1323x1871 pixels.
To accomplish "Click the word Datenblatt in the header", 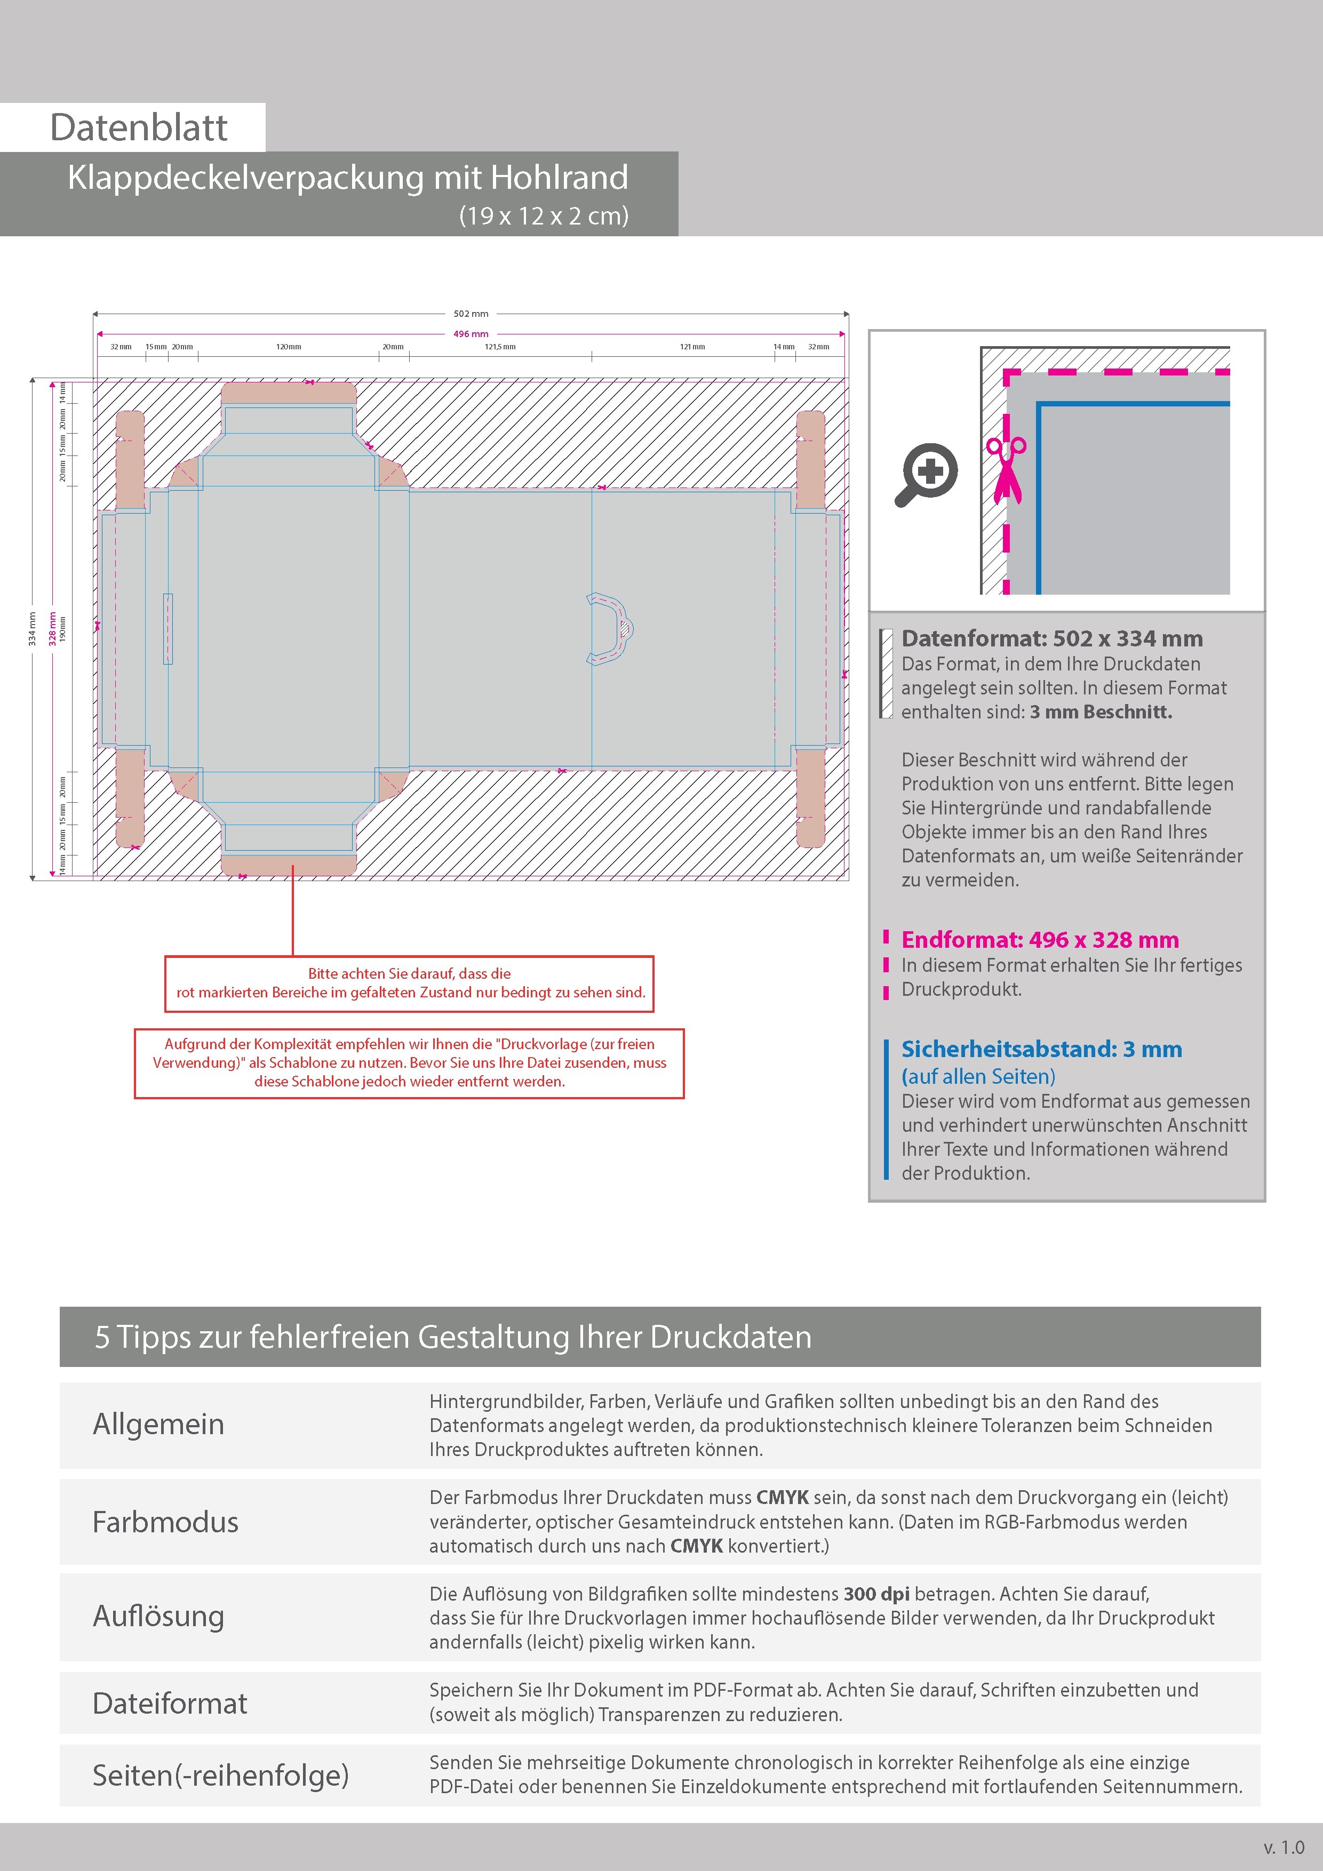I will coord(139,128).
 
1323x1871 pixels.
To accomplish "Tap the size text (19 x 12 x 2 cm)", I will coord(544,216).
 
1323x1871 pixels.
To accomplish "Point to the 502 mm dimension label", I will coord(471,314).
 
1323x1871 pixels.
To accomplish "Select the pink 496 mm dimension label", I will coord(471,334).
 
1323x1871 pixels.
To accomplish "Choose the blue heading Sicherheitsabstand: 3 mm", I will coord(1041,1050).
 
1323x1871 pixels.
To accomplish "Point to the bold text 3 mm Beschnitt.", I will coord(1101,712).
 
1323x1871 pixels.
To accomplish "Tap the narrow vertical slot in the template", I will coord(169,628).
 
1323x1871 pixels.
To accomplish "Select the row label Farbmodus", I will coord(165,1522).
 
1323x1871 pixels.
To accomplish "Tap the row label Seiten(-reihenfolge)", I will coord(220,1775).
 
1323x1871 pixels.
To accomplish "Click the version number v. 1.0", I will coord(1283,1848).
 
